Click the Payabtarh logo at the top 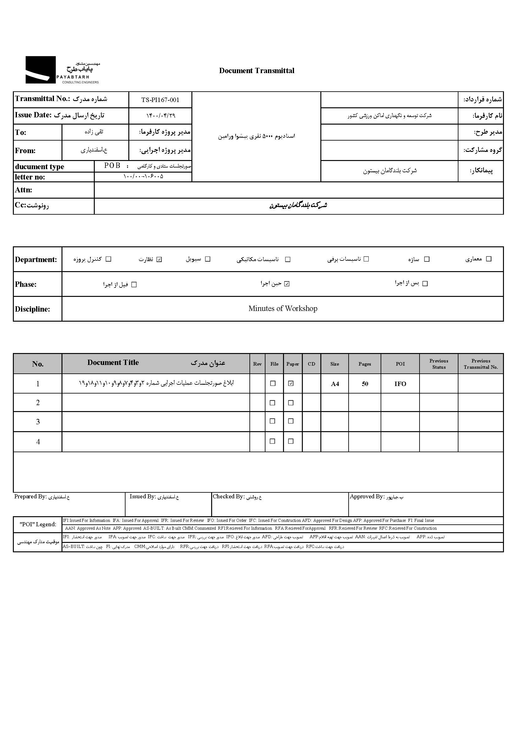[x=62, y=70]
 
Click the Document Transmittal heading [x=257, y=71]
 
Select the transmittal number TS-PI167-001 [x=160, y=100]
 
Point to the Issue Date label [x=33, y=115]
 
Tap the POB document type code [x=112, y=166]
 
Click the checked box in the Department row [x=159, y=259]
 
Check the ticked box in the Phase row [x=287, y=284]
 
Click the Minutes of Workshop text [x=283, y=308]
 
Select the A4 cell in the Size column [x=334, y=384]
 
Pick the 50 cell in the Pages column [x=365, y=384]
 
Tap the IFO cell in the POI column [x=400, y=384]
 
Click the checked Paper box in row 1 [x=291, y=383]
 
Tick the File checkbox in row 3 [x=273, y=421]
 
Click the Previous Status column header [x=438, y=364]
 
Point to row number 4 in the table [x=38, y=442]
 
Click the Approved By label [x=367, y=496]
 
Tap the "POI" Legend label [x=38, y=524]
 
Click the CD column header [x=311, y=364]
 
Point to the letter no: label [x=30, y=177]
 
